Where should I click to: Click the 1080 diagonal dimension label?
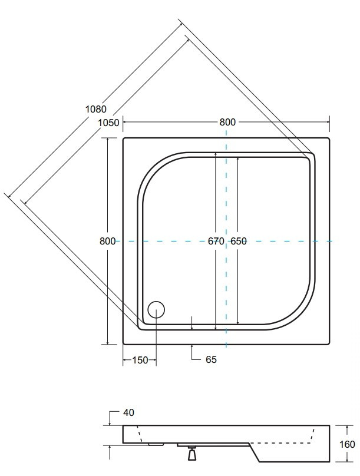(x=96, y=108)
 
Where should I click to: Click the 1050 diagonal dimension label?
(x=108, y=123)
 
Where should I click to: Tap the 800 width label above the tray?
(x=227, y=122)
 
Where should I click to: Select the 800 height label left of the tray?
(x=107, y=241)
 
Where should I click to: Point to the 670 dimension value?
(x=216, y=241)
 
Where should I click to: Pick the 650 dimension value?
(x=239, y=241)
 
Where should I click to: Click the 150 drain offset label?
(x=140, y=360)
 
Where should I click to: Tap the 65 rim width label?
(x=212, y=359)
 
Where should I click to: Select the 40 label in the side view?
(x=128, y=412)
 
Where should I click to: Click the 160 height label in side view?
(x=347, y=444)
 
